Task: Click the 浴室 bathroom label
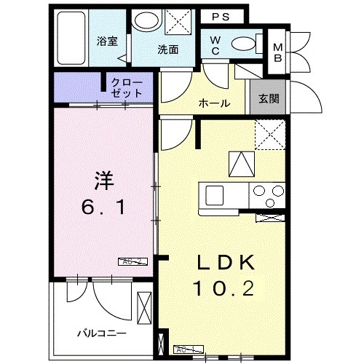(108, 41)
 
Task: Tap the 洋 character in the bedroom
(102, 177)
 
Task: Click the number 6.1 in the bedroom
(102, 207)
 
